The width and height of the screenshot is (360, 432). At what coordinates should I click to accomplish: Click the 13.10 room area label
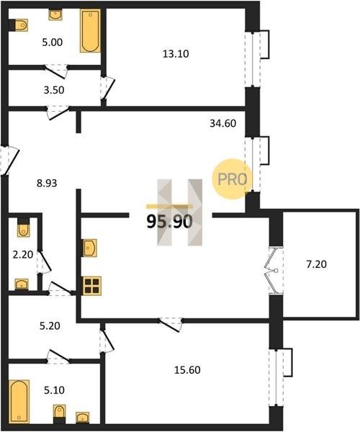click(176, 54)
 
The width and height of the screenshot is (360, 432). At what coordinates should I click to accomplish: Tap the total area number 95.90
click(169, 222)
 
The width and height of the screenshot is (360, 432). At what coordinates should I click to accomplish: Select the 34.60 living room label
click(222, 123)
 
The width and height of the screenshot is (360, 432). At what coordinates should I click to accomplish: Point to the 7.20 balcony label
click(317, 264)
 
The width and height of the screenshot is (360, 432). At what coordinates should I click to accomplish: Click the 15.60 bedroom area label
click(187, 370)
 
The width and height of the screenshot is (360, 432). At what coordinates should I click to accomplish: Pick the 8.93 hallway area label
click(47, 183)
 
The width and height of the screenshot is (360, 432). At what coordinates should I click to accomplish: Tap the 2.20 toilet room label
click(23, 255)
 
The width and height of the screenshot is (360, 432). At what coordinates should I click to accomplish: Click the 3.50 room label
click(54, 90)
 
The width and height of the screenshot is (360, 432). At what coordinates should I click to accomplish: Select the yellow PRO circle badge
click(232, 179)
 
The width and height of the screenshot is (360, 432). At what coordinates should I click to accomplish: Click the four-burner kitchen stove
click(92, 286)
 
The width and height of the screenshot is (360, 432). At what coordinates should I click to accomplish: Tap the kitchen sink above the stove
click(90, 248)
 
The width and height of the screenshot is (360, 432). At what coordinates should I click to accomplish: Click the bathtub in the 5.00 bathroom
click(90, 31)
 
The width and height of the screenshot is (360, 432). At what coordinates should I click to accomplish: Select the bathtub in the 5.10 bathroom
click(19, 402)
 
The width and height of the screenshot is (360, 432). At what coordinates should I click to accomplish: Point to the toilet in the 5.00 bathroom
click(20, 25)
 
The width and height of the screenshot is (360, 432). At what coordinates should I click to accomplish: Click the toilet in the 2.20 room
click(24, 228)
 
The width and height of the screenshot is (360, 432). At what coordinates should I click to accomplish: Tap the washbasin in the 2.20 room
click(22, 284)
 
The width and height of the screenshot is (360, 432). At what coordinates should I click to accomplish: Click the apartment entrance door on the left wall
click(9, 161)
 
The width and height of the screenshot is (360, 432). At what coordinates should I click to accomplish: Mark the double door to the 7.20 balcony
click(273, 270)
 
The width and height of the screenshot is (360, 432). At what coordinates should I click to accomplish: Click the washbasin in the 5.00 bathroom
click(55, 14)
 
